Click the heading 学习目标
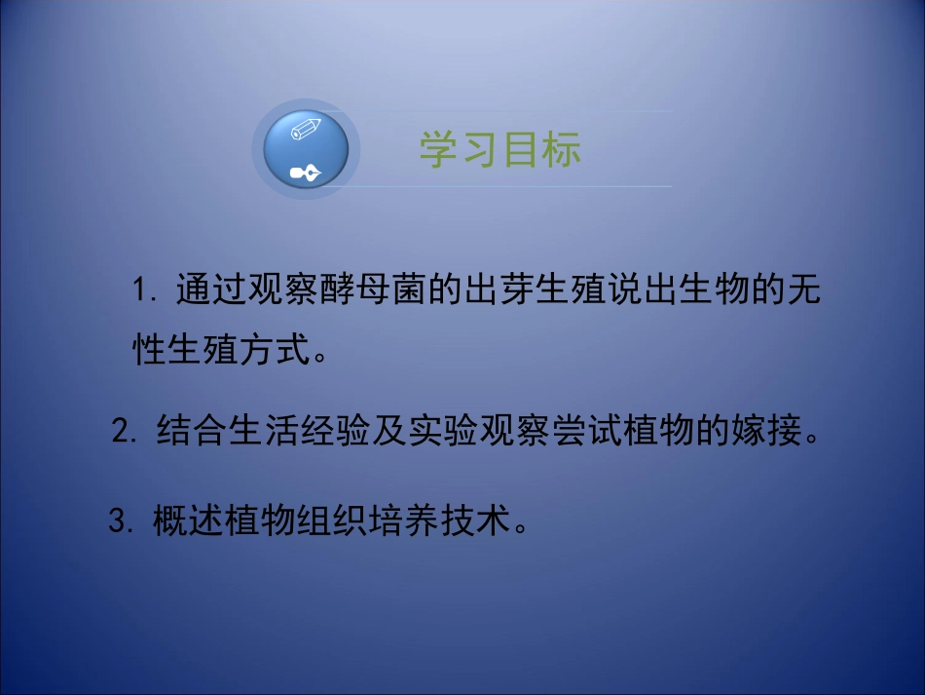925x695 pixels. point(500,150)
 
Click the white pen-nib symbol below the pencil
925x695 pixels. point(305,174)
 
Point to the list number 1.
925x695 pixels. point(145,290)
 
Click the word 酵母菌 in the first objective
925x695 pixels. point(369,290)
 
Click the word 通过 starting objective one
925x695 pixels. point(212,290)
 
